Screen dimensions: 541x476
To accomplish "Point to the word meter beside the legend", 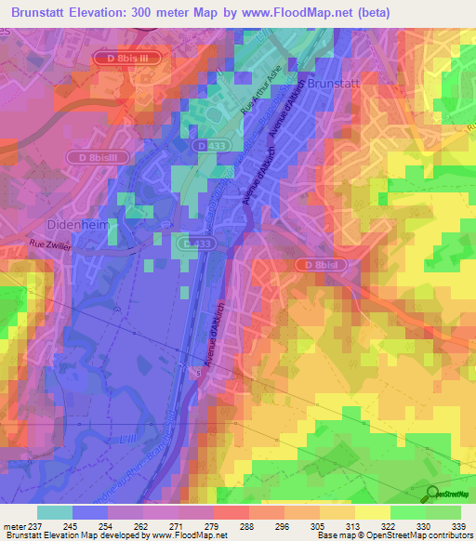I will pos(14,525).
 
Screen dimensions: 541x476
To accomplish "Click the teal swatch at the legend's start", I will pos(55,512).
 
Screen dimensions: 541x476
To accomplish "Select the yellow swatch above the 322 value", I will pos(373,512).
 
